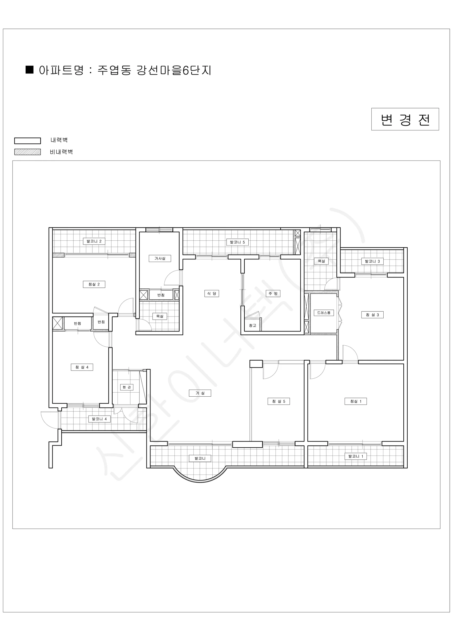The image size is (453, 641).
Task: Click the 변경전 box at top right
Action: [x=405, y=119]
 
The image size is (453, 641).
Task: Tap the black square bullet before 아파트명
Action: [x=30, y=69]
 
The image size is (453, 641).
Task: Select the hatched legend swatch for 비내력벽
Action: [x=28, y=152]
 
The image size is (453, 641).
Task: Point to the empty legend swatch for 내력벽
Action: [x=28, y=141]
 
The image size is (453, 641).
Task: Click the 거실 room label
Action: [x=200, y=393]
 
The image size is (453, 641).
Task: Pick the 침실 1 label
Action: [x=356, y=401]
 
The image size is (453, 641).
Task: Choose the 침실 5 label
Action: [x=279, y=401]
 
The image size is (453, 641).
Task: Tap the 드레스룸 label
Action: [x=324, y=313]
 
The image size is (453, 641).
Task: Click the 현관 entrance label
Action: [x=127, y=387]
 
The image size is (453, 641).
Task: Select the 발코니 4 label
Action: [x=99, y=419]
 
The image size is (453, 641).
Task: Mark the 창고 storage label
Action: [x=252, y=326]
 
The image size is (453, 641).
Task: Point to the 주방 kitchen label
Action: [x=273, y=294]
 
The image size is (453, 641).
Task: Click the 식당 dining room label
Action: [x=212, y=294]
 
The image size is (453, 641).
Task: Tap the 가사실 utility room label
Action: [x=160, y=259]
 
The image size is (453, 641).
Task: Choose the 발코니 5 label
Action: [x=237, y=242]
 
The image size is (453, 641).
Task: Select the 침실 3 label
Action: [x=372, y=315]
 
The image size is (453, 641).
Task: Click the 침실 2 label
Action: [x=94, y=284]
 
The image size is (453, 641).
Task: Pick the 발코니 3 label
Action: [x=372, y=261]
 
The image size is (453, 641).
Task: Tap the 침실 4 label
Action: [x=82, y=367]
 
